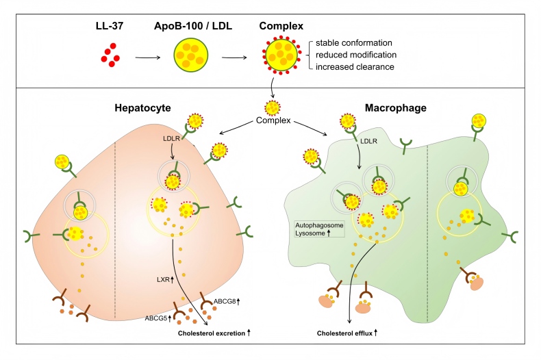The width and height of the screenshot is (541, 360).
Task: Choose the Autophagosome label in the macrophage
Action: [318, 224]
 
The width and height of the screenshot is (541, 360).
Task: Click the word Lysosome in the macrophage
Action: [310, 233]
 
